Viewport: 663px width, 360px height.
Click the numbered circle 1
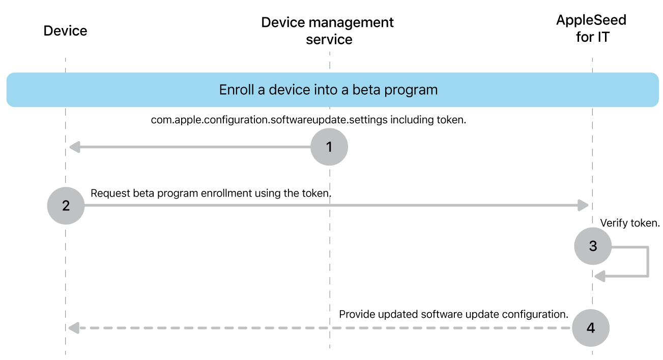click(x=329, y=147)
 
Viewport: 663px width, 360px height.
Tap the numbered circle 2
click(x=66, y=206)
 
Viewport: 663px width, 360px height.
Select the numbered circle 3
click(x=593, y=246)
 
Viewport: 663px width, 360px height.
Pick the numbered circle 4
click(x=591, y=328)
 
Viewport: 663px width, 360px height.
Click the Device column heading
click(x=65, y=31)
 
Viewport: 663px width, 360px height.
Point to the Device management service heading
click(x=328, y=31)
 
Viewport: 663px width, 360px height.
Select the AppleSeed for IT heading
click(x=591, y=29)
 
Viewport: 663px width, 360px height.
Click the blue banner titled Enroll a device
click(x=332, y=90)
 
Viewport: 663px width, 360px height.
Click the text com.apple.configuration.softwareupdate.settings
click(x=270, y=120)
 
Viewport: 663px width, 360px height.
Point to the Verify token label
click(x=629, y=223)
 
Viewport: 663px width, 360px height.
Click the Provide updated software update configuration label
click(x=453, y=314)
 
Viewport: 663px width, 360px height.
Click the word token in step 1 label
click(x=451, y=120)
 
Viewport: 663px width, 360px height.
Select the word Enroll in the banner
click(x=236, y=90)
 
